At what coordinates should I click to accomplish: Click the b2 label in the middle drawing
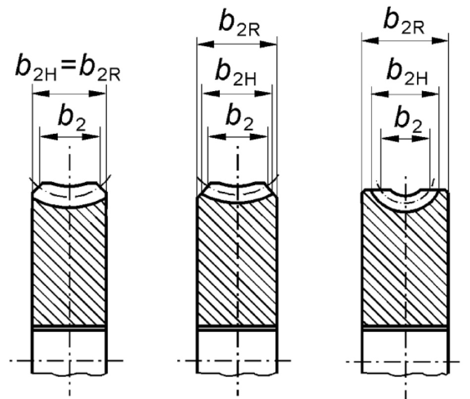pyautogui.click(x=238, y=117)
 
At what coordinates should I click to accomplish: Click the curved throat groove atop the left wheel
pyautogui.click(x=69, y=195)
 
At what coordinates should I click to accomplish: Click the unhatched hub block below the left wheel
pyautogui.click(x=69, y=352)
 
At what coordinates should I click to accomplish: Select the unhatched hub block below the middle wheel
pyautogui.click(x=238, y=352)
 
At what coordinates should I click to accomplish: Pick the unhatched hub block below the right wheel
pyautogui.click(x=406, y=352)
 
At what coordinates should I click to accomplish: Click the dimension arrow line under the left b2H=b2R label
pyautogui.click(x=69, y=93)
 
